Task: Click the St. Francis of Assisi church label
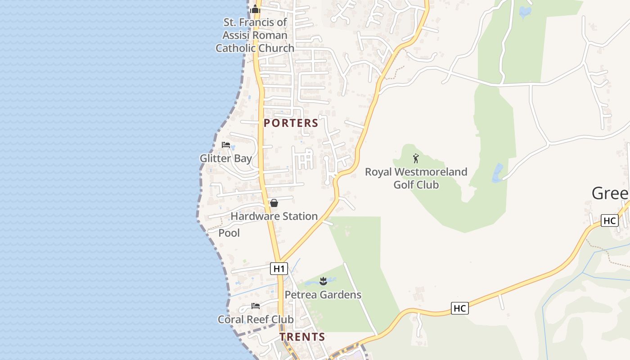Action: pyautogui.click(x=255, y=35)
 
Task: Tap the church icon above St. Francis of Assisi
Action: pyautogui.click(x=255, y=9)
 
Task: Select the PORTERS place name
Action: pyautogui.click(x=291, y=123)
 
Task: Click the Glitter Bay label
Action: pyautogui.click(x=225, y=158)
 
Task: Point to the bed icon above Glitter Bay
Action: pyautogui.click(x=226, y=145)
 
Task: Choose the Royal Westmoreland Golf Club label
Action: pyautogui.click(x=416, y=178)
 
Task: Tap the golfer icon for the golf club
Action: pyautogui.click(x=416, y=158)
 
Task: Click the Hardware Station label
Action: pyautogui.click(x=274, y=216)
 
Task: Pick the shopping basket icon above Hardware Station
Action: pyautogui.click(x=274, y=203)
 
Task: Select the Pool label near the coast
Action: pyautogui.click(x=229, y=233)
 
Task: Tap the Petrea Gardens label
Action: pyautogui.click(x=323, y=295)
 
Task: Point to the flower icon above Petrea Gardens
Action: pyautogui.click(x=323, y=282)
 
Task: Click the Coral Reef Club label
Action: pyautogui.click(x=255, y=319)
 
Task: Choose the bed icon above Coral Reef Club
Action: pyautogui.click(x=256, y=306)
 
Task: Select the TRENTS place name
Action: pyautogui.click(x=302, y=337)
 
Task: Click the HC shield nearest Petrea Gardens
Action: pyautogui.click(x=459, y=308)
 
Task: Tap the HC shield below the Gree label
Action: pyautogui.click(x=609, y=220)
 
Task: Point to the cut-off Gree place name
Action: pyautogui.click(x=610, y=193)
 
